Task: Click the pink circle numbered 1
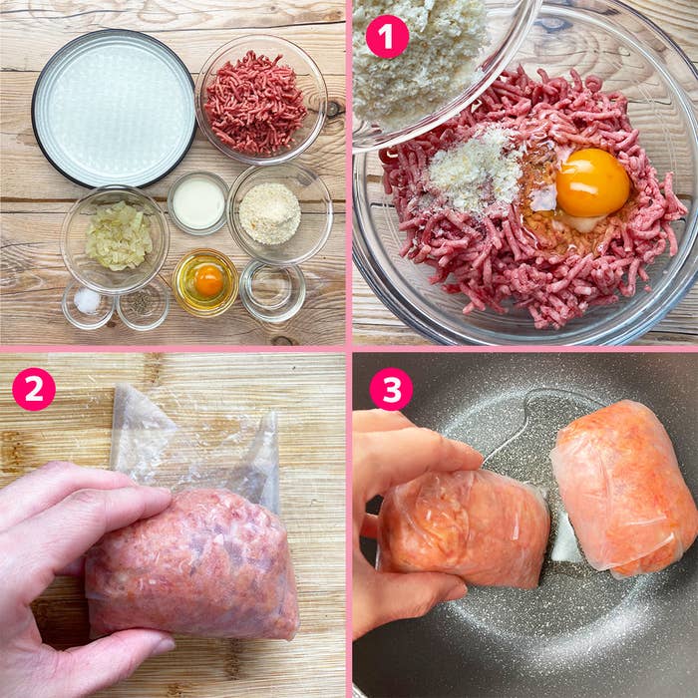387,37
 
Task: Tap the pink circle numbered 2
34,389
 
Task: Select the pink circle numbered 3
391,389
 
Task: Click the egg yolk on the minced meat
592,182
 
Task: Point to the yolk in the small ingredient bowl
208,280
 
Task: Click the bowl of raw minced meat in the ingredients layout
261,100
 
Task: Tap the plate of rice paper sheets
114,108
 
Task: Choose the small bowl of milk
198,203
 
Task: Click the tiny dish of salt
88,304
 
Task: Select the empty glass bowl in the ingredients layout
273,291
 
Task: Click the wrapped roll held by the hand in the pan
463,527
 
